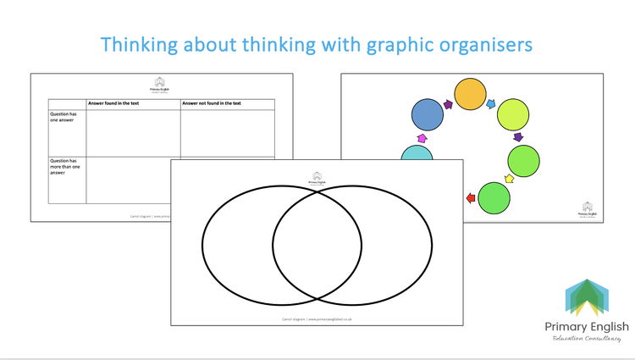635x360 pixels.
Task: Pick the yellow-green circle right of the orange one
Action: (x=513, y=116)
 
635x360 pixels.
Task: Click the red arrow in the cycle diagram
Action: (x=471, y=199)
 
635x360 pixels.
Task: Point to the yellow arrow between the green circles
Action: (x=509, y=179)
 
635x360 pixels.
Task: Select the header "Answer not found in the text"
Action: (x=212, y=104)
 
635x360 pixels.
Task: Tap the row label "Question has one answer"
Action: (x=64, y=118)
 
